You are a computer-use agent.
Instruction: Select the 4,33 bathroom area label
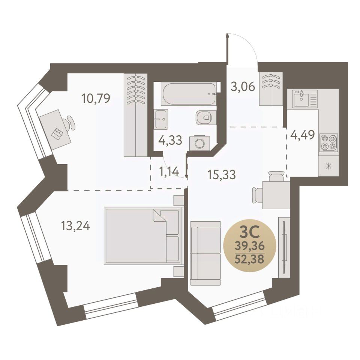pos(170,140)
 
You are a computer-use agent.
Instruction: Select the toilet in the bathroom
pos(204,118)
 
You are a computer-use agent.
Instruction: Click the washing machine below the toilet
pos(199,142)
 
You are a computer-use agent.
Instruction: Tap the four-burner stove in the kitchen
pos(328,142)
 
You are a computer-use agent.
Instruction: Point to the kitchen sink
pos(302,98)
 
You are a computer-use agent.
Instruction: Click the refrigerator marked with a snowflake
pos(328,166)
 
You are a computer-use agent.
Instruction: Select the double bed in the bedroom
pos(142,235)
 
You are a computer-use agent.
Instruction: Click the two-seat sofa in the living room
pos(205,253)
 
